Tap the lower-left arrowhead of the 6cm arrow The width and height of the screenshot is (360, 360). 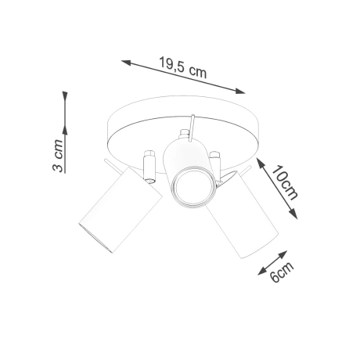260,273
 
